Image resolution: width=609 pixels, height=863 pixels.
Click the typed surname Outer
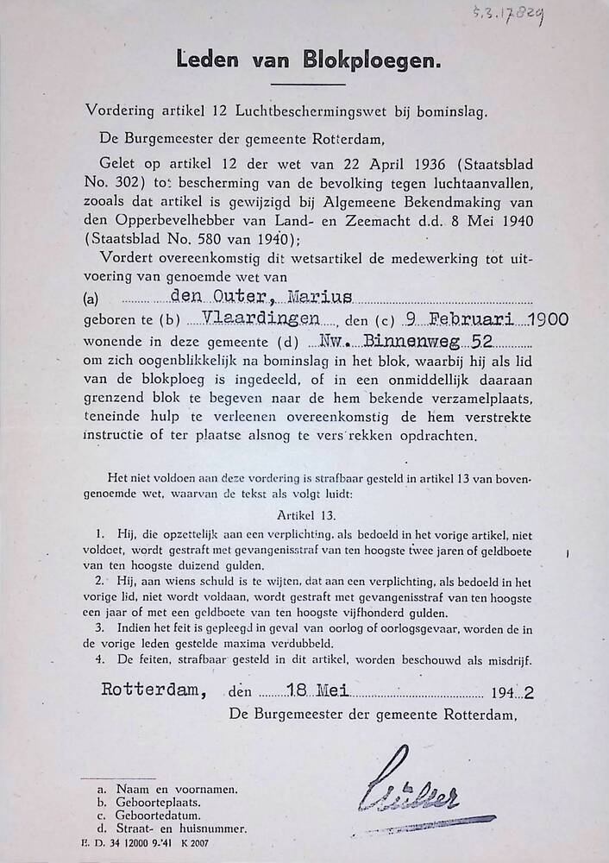(x=234, y=298)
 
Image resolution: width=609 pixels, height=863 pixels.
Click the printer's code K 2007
(x=194, y=843)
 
